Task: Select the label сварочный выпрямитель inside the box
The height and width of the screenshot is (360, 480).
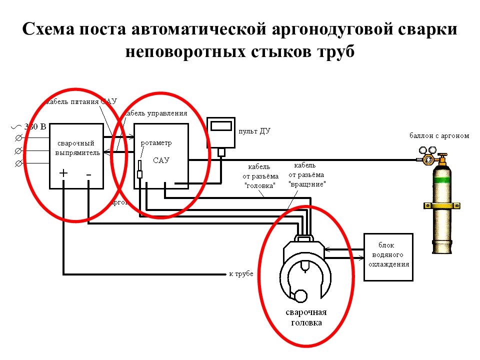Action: point(76,147)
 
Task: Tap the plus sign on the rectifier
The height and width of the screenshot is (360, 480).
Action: point(63,173)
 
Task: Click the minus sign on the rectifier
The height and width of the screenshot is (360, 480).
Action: point(88,173)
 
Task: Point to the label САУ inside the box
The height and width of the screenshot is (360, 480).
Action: point(161,160)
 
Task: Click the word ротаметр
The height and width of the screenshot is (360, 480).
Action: point(156,143)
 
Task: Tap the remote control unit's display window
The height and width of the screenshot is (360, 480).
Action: point(221,126)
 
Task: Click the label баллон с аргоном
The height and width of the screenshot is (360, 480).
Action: point(439,135)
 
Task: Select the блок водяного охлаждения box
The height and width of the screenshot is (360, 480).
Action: point(388,257)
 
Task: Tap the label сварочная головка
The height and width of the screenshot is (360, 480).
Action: point(306,317)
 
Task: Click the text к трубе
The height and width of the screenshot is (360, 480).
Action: point(241,274)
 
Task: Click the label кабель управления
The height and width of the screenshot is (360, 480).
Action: point(156,113)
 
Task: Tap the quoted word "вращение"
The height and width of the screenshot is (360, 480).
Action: point(308,184)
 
